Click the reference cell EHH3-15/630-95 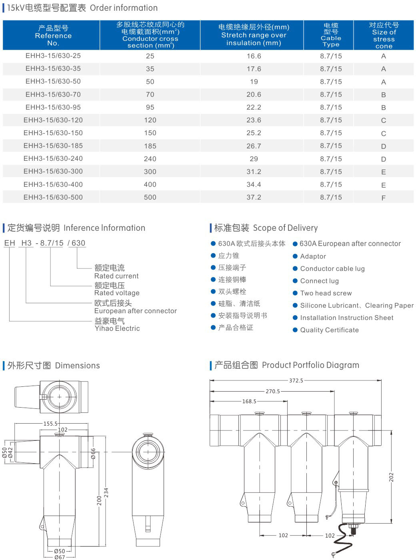click(53, 107)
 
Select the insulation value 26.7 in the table click(254, 146)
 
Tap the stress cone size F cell click(383, 198)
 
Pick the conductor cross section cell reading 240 click(150, 159)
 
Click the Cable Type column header click(331, 35)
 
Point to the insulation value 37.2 click(254, 197)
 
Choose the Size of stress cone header click(384, 36)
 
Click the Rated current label click(116, 276)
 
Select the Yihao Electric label click(117, 328)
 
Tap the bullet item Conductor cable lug click(332, 269)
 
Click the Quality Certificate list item click(329, 330)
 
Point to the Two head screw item click(326, 293)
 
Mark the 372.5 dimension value click(296, 380)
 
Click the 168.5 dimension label click(249, 401)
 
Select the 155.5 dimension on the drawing click(50, 423)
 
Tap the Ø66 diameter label click(93, 453)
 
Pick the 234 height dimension click(106, 493)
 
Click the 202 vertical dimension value click(392, 477)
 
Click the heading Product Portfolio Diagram click(310, 365)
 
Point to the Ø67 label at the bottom click(59, 557)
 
